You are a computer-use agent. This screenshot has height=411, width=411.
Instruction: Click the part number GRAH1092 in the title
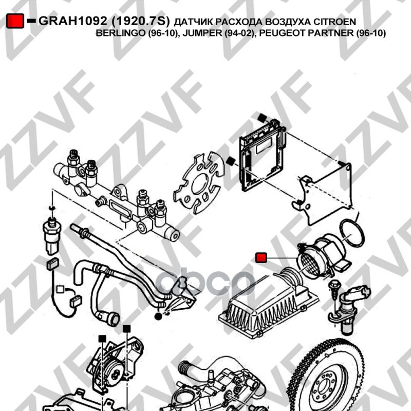[x=72, y=21]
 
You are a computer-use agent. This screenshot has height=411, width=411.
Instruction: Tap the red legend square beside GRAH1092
[x=15, y=21]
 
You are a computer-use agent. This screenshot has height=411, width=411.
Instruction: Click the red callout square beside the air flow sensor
[x=261, y=258]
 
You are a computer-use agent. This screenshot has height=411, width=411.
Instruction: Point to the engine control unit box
[x=262, y=155]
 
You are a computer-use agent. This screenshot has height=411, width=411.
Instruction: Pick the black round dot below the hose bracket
[x=158, y=316]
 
